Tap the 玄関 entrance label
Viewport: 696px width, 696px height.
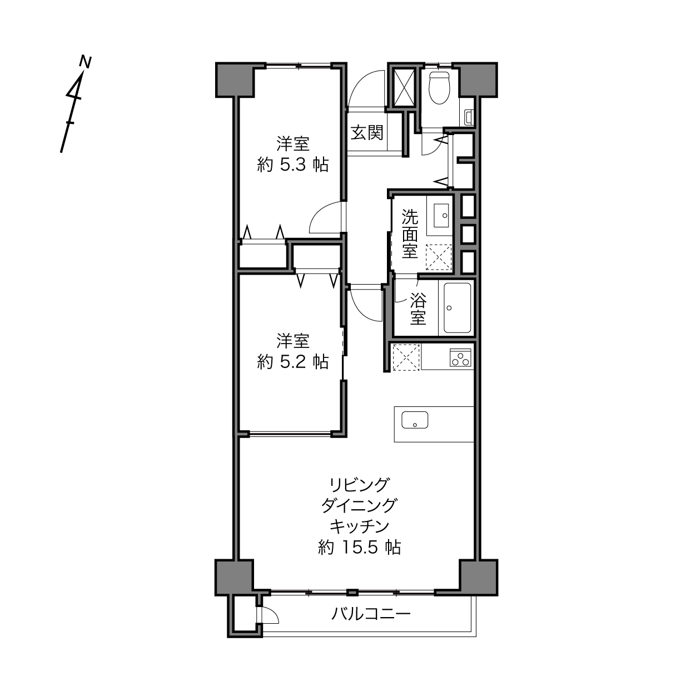pos(367,133)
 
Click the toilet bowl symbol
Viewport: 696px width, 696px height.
pos(439,88)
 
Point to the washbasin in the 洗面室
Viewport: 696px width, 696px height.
pos(441,215)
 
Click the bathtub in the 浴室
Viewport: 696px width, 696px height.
pos(458,308)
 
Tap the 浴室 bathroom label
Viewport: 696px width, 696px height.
pos(418,309)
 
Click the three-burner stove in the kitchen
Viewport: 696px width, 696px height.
pos(460,357)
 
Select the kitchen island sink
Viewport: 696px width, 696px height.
pos(415,420)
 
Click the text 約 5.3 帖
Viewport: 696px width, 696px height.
pos(292,166)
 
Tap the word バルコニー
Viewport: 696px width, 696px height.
pos(371,613)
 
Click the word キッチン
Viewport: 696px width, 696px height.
pos(359,526)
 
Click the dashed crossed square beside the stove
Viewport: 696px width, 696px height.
pos(406,357)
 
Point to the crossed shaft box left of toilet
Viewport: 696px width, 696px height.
pos(404,87)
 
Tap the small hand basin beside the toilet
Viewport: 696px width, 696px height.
pos(469,117)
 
